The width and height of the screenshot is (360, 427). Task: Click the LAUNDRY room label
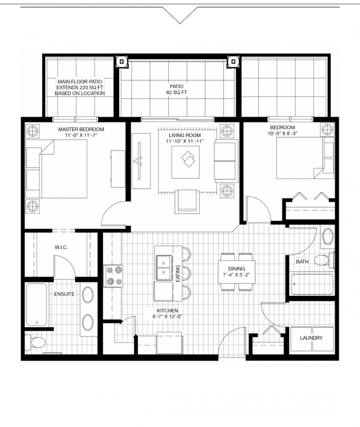click(x=311, y=338)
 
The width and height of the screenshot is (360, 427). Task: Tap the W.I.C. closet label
click(x=61, y=247)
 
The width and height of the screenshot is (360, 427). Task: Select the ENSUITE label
click(x=64, y=294)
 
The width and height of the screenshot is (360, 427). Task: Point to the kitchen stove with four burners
click(x=113, y=276)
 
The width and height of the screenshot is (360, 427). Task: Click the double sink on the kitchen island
click(x=164, y=268)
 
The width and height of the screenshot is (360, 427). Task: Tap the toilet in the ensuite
click(x=35, y=342)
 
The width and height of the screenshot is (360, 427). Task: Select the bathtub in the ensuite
click(x=36, y=305)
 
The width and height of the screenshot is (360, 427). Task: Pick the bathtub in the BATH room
click(x=312, y=284)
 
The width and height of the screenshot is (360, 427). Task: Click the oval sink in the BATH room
click(x=328, y=236)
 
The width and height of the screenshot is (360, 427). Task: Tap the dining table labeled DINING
click(x=237, y=272)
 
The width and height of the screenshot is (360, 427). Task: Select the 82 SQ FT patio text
click(x=177, y=92)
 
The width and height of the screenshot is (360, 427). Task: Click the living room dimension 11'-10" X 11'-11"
click(x=185, y=141)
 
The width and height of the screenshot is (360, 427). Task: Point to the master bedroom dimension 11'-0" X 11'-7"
click(x=81, y=135)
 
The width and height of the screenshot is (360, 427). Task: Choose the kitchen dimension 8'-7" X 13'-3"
click(x=167, y=316)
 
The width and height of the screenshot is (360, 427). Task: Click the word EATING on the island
click(x=178, y=274)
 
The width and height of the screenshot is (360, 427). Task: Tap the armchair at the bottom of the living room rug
click(x=187, y=202)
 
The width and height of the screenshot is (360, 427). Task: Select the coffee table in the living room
click(x=185, y=162)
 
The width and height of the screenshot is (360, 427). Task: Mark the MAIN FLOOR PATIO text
click(x=80, y=82)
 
